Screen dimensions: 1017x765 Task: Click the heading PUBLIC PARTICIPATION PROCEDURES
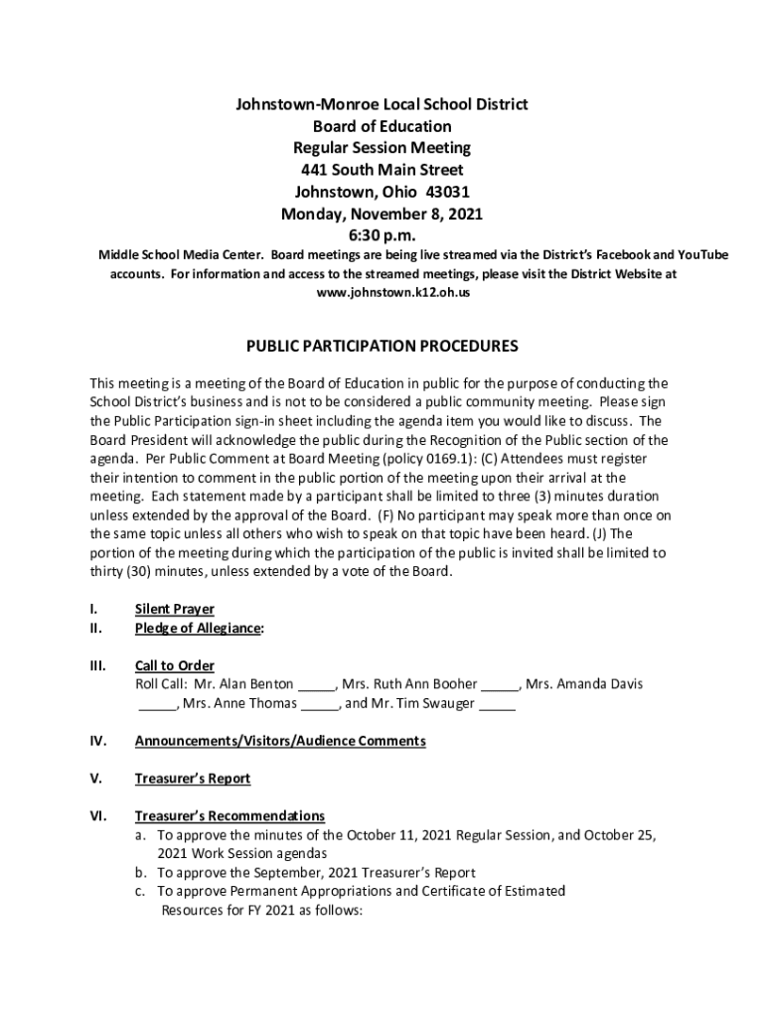(x=382, y=347)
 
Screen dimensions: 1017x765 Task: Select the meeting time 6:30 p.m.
(x=382, y=235)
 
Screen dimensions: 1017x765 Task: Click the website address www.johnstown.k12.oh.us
(x=392, y=294)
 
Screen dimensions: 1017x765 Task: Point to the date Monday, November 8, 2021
(x=382, y=214)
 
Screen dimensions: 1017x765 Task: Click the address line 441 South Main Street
(x=382, y=170)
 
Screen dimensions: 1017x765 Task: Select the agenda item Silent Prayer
(x=174, y=609)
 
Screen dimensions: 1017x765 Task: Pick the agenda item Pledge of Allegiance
(x=199, y=628)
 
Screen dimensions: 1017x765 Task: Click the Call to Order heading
(x=174, y=665)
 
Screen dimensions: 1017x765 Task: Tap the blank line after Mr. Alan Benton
(x=317, y=685)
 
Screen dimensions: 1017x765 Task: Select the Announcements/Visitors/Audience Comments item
(x=280, y=741)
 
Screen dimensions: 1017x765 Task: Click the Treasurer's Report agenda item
(x=193, y=779)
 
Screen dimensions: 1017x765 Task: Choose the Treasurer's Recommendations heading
(x=229, y=816)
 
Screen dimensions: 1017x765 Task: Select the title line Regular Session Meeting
(x=382, y=148)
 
